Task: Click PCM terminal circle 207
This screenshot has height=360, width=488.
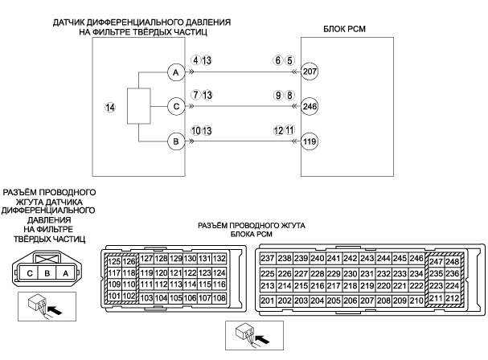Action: [x=310, y=72]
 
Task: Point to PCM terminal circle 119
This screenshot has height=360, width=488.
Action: [x=310, y=142]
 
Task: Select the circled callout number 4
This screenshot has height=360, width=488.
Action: [x=195, y=60]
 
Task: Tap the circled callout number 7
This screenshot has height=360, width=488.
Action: [x=195, y=94]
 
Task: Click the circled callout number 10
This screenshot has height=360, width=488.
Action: [x=195, y=129]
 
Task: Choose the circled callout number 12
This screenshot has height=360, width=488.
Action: [x=278, y=129]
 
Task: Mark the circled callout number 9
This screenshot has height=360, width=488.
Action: [x=278, y=94]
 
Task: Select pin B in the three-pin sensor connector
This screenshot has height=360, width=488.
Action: [x=47, y=273]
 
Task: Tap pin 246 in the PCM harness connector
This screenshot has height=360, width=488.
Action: [x=416, y=259]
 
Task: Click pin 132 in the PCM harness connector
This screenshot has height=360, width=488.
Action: [x=219, y=259]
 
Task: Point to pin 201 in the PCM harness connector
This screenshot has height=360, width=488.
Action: [x=268, y=301]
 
